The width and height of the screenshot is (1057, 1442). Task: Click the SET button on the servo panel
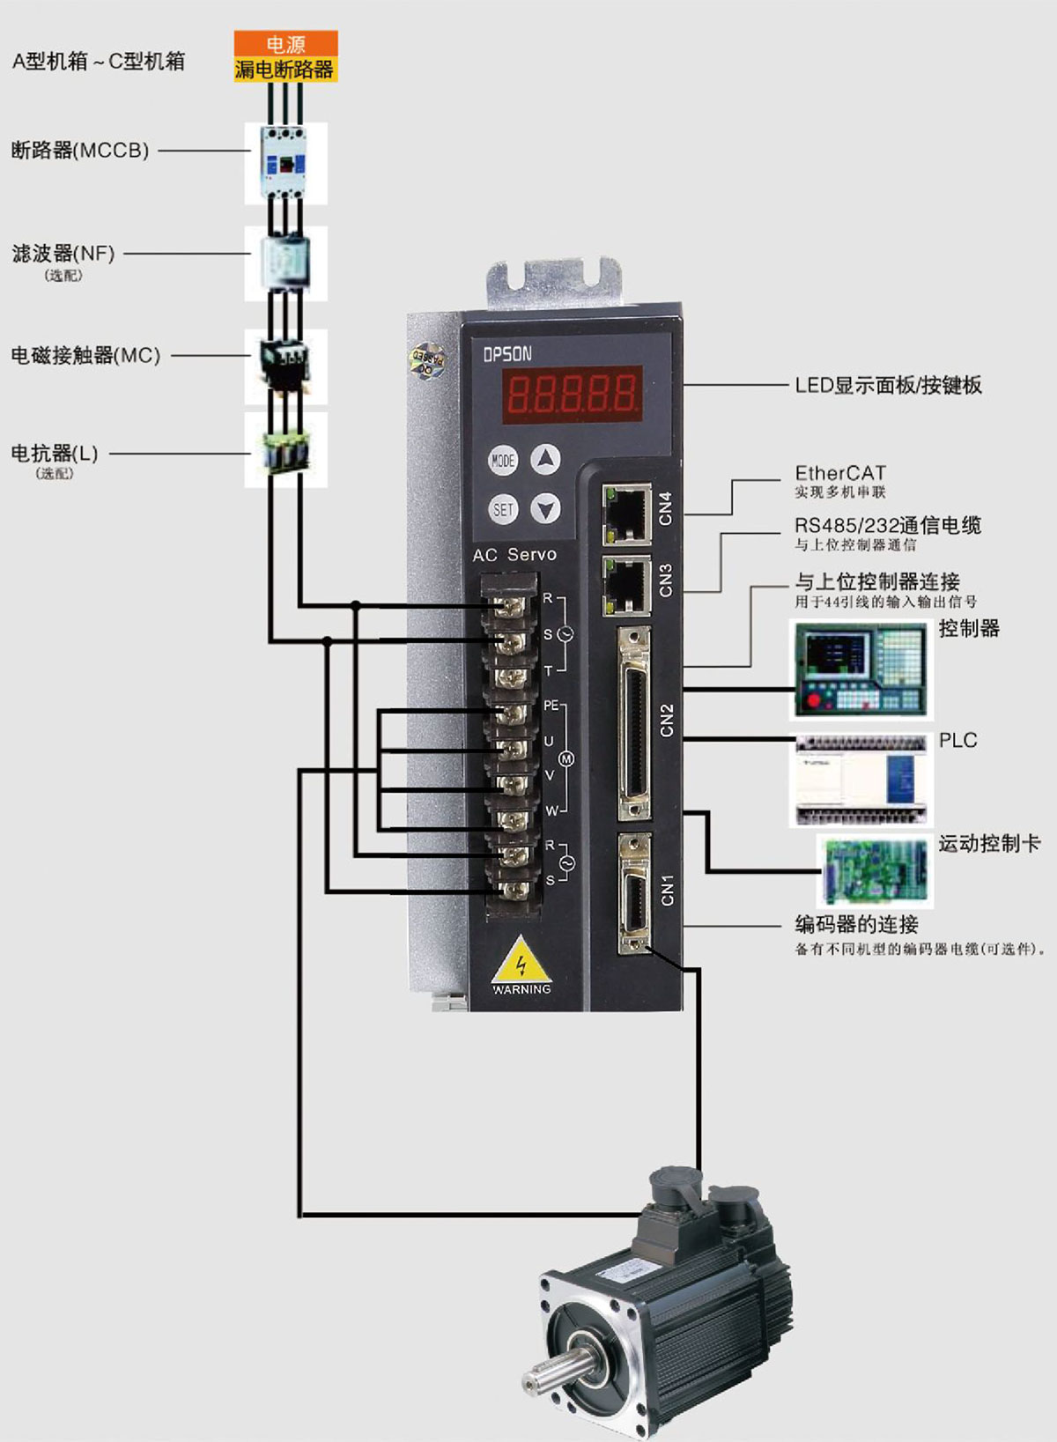pos(503,509)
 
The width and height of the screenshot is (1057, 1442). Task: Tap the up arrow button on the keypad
pos(546,459)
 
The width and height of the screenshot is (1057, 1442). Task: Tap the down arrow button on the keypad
pos(546,509)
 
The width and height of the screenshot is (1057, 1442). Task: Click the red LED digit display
pos(573,394)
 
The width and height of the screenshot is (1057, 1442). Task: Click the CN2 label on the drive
pos(667,720)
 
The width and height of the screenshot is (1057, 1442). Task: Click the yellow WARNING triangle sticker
pos(521,963)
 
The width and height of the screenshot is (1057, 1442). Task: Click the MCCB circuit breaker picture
pos(285,164)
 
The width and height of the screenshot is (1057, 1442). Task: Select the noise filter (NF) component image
pos(285,263)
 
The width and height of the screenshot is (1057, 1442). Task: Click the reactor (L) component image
pos(285,450)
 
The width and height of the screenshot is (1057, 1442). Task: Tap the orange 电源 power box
pos(285,43)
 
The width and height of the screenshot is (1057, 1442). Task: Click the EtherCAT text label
pos(840,473)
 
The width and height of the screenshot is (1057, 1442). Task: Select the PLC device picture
pos(860,780)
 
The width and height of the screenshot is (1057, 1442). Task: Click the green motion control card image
pos(874,869)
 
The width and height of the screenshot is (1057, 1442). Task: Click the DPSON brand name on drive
pos(507,354)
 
